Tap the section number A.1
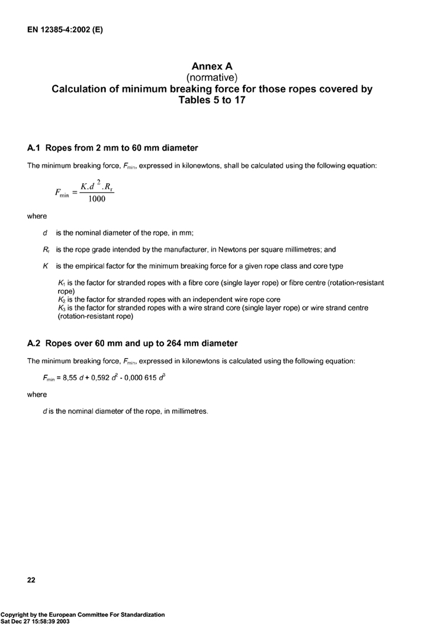point(34,148)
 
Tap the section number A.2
point(34,343)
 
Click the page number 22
point(31,580)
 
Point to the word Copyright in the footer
point(17,615)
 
